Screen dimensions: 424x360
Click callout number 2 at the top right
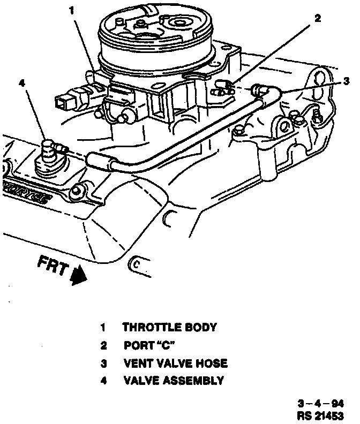tap(317, 18)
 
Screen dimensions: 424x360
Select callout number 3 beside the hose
tap(347, 81)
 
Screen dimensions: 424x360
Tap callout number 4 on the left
tap(21, 82)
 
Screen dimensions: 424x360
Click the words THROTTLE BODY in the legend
tap(170, 327)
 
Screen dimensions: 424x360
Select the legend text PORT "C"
tap(149, 345)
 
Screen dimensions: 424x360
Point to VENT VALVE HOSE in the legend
tap(175, 363)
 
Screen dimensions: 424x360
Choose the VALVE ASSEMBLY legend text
tap(173, 381)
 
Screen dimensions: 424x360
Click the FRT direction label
tap(52, 264)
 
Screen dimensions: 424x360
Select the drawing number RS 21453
tap(321, 415)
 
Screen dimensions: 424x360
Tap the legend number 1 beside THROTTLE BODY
tap(103, 327)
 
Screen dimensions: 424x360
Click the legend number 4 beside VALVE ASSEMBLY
tap(103, 381)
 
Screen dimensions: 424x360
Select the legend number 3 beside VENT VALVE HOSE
tap(103, 363)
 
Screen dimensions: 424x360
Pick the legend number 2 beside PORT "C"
tap(103, 345)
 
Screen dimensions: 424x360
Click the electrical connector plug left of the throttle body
tap(67, 100)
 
